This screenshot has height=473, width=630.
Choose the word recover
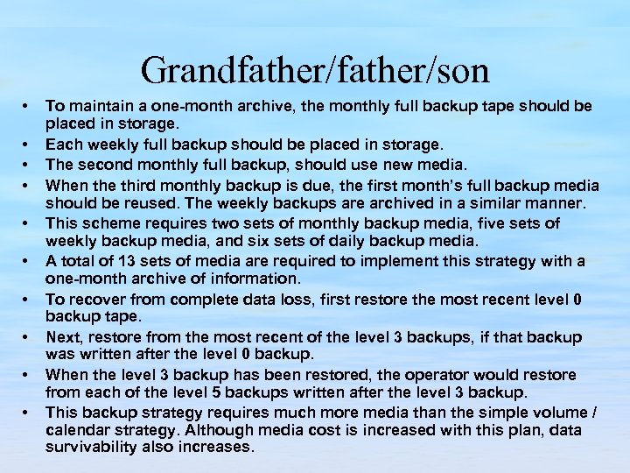[x=92, y=300]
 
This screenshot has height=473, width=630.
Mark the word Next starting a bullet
[x=62, y=337]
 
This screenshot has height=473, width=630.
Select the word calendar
[x=79, y=429]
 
